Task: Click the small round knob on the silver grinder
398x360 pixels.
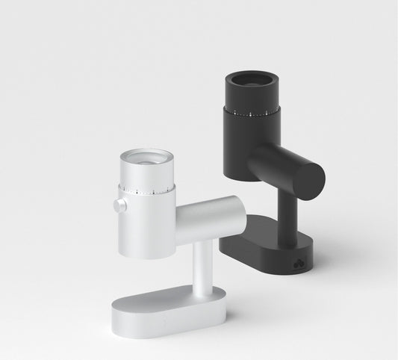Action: tap(119, 205)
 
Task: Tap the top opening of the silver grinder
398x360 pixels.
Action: tap(146, 158)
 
